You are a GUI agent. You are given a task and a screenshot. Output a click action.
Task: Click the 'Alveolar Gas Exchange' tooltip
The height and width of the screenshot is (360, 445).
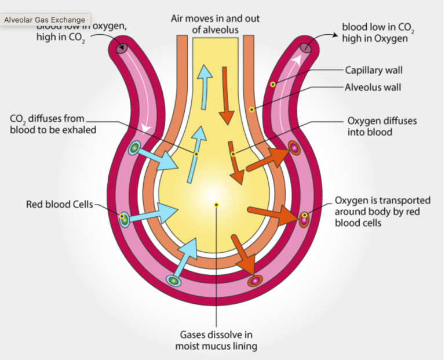point(45,20)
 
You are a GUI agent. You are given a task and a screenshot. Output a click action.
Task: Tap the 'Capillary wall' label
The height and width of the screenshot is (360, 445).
point(374,71)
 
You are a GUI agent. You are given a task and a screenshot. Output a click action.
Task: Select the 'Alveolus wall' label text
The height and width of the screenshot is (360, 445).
point(373,88)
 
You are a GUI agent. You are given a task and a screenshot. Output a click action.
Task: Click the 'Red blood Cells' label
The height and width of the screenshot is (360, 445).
point(59,205)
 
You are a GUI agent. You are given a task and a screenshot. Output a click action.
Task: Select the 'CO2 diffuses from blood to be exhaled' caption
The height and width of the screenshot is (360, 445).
point(53,124)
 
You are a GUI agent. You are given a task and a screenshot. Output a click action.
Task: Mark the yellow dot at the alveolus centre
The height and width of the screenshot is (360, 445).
point(216,205)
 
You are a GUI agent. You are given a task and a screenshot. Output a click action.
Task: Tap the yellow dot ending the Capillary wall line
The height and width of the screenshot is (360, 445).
point(271,84)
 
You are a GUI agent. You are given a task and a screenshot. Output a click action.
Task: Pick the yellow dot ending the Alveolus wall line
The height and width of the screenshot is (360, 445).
point(251,109)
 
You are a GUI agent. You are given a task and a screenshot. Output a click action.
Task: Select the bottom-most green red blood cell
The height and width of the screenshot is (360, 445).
point(173,281)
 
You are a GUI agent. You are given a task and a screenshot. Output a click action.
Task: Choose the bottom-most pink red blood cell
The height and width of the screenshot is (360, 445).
point(254,281)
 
